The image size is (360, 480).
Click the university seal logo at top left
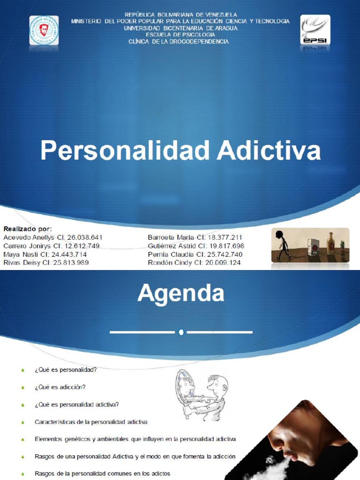tap(44, 30)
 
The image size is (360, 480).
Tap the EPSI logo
tap(315, 30)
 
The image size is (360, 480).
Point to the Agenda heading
tap(180, 294)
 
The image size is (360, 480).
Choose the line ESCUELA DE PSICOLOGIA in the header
tap(180, 35)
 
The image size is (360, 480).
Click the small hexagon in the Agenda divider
tap(181, 332)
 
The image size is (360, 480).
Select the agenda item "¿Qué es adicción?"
tap(60, 387)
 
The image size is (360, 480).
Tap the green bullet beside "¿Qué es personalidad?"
tap(23, 370)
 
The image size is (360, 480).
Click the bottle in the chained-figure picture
tap(330, 244)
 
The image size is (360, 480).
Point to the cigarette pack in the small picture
tap(313, 247)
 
